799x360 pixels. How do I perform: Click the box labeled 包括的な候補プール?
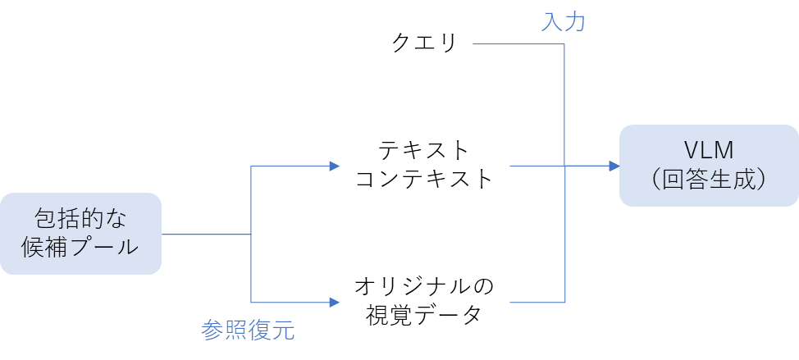pos(80,234)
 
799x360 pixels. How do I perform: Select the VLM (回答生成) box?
pos(709,165)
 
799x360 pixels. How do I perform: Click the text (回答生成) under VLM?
pos(709,180)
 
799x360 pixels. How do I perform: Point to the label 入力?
pos(563,22)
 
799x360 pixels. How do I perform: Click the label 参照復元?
pos(248,330)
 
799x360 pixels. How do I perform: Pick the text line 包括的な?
pos(80,219)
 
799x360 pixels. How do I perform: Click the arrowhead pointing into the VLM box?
pos(614,166)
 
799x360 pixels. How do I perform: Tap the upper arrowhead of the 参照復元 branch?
pos(335,166)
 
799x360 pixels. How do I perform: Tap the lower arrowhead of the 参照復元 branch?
pos(335,303)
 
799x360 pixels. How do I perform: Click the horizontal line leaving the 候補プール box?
pos(205,235)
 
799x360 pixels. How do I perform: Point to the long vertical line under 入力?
pos(565,107)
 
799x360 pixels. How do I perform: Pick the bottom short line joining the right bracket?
pos(537,303)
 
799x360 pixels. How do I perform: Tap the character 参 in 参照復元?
pos(212,330)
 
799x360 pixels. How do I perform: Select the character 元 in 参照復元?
pos(283,330)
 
